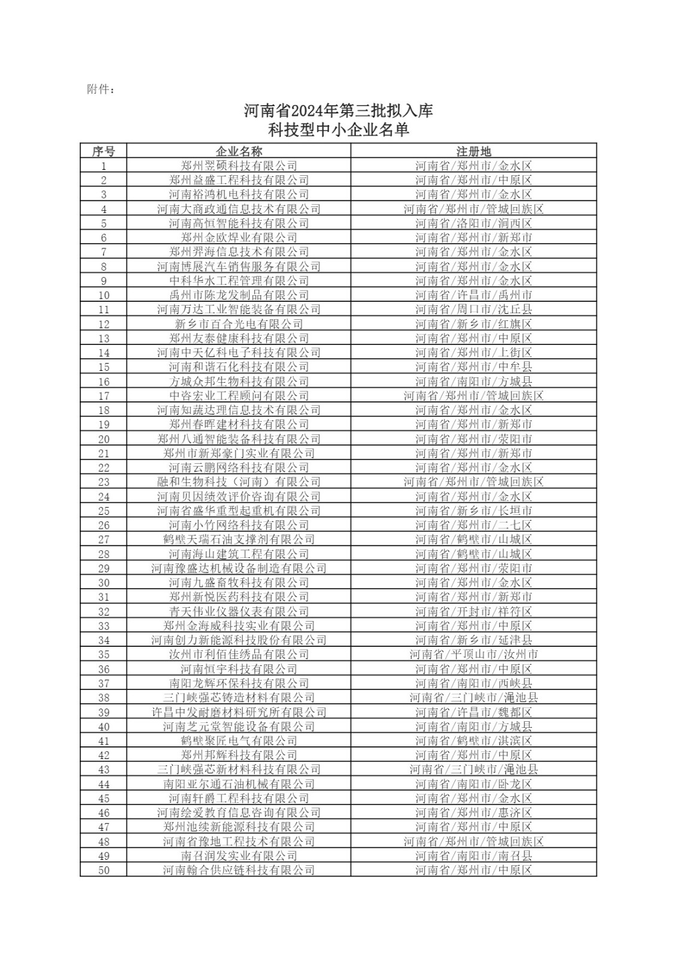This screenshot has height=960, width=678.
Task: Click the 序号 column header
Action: [x=103, y=151]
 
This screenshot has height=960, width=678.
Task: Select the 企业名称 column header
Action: [x=239, y=151]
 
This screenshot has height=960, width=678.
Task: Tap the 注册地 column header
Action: [x=474, y=151]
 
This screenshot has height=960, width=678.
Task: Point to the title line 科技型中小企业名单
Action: [x=339, y=130]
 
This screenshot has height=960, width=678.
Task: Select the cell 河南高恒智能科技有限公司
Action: [x=239, y=223]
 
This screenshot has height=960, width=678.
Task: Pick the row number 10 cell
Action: [x=103, y=295]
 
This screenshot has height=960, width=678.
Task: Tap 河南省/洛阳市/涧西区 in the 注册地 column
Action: [x=474, y=223]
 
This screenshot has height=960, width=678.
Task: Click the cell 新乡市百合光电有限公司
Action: [x=239, y=324]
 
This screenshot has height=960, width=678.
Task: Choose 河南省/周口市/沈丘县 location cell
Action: [x=474, y=310]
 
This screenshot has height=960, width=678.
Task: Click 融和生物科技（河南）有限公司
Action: [x=239, y=482]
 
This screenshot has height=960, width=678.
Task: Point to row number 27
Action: [x=103, y=539]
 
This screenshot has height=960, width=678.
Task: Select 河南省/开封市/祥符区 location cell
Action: [x=474, y=611]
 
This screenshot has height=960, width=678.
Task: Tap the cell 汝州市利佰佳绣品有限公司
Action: [x=239, y=655]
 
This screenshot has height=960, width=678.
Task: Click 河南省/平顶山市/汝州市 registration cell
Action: [x=474, y=655]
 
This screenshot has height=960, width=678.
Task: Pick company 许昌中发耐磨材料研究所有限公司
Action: [x=239, y=712]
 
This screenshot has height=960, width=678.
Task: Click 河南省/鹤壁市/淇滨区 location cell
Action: [x=474, y=741]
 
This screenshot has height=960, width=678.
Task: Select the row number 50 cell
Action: [x=103, y=870]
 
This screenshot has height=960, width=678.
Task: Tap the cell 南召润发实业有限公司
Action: [x=239, y=856]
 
